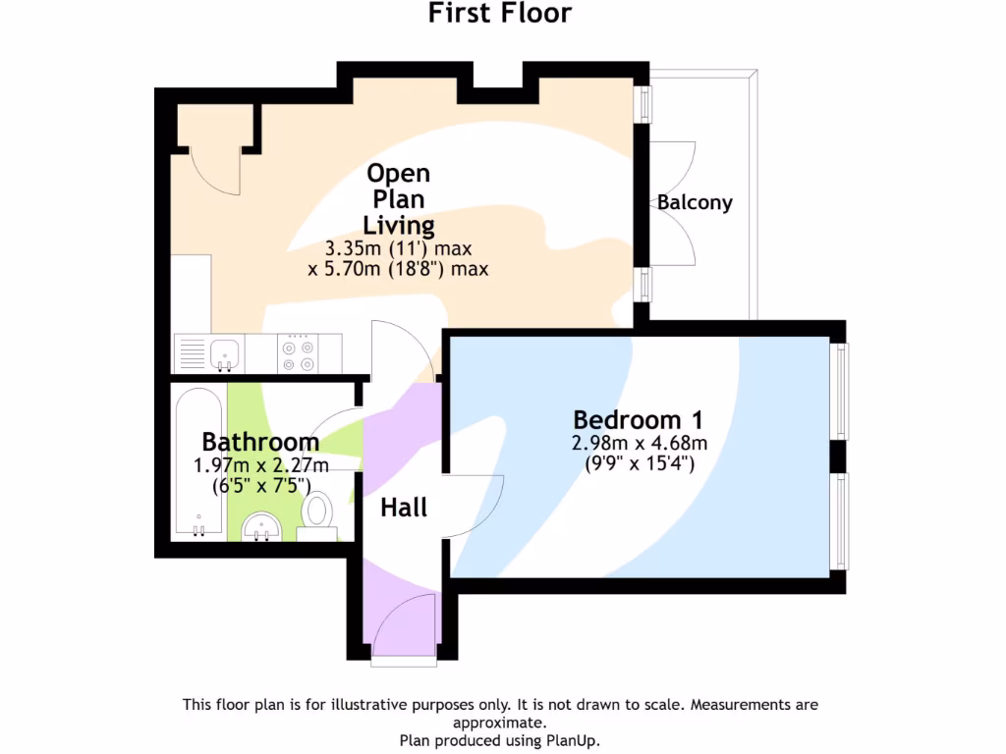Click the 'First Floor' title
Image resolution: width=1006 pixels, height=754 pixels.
(x=500, y=14)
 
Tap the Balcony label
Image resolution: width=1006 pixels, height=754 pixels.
(x=695, y=203)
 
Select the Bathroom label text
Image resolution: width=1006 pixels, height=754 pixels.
(x=260, y=442)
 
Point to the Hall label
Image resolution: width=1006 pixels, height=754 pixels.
(x=404, y=508)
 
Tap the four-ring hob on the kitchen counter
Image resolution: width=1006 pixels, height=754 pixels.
(x=298, y=354)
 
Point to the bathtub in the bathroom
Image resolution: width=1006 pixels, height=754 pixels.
(x=199, y=461)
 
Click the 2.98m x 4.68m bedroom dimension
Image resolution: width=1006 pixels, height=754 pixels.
(x=640, y=443)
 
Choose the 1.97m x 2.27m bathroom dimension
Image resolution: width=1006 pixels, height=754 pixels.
(x=260, y=464)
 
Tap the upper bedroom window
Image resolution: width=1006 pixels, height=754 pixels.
(x=842, y=391)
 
